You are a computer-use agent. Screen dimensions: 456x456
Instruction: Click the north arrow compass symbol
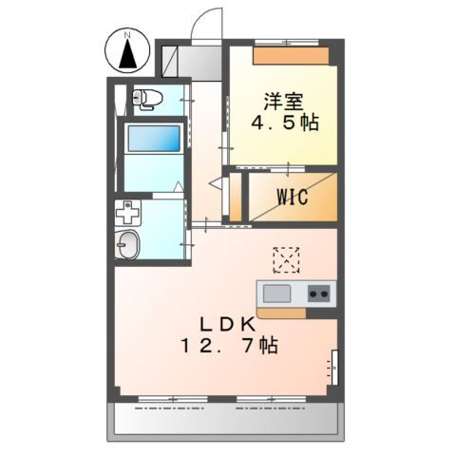pyautogui.click(x=127, y=49)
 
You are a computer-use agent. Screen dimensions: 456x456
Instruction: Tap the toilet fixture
pyautogui.click(x=147, y=99)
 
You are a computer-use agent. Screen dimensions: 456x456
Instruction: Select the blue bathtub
pyautogui.click(x=154, y=139)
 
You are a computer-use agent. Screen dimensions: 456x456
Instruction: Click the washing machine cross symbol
pyautogui.click(x=128, y=213)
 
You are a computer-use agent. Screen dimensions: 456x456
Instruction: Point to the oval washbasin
pyautogui.click(x=127, y=244)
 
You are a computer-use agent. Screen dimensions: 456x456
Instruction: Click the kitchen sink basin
pyautogui.click(x=276, y=294)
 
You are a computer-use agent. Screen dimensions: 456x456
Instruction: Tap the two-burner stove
pyautogui.click(x=318, y=294)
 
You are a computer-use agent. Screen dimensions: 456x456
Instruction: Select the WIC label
pyautogui.click(x=293, y=197)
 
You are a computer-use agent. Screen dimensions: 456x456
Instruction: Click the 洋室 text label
pyautogui.click(x=284, y=102)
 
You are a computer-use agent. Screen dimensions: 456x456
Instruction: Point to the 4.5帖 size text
pyautogui.click(x=285, y=123)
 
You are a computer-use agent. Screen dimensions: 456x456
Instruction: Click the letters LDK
pyautogui.click(x=227, y=325)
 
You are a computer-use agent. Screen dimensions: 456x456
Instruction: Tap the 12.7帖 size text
pyautogui.click(x=229, y=345)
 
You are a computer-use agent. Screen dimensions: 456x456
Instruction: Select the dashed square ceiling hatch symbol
pyautogui.click(x=286, y=260)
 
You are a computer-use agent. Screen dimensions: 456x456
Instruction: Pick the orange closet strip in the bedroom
pyautogui.click(x=291, y=56)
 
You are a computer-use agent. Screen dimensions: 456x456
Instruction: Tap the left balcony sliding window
pyautogui.click(x=173, y=399)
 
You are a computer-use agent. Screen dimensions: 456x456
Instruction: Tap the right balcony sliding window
pyautogui.click(x=271, y=399)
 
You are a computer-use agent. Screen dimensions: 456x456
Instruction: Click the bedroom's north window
pyautogui.click(x=287, y=43)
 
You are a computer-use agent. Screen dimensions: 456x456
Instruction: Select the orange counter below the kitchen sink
pyautogui.click(x=281, y=313)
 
